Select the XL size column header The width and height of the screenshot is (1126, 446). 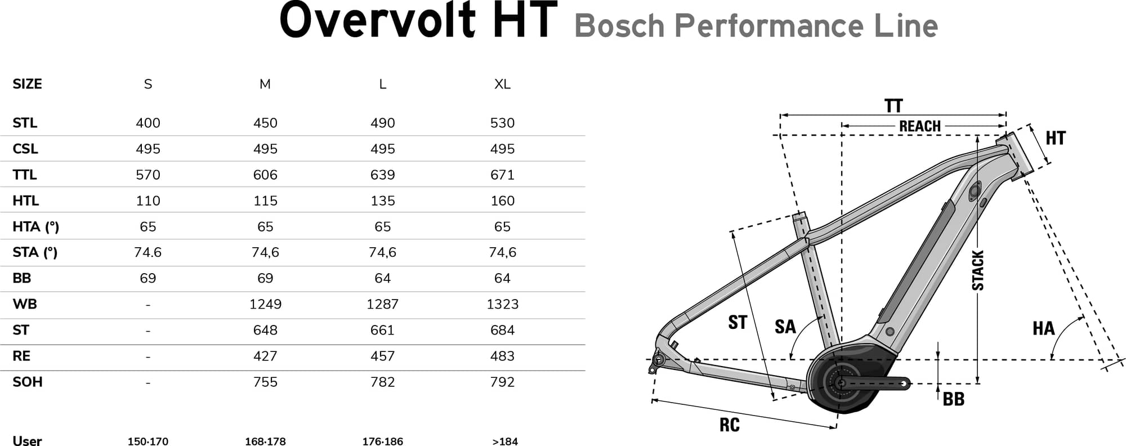tap(502, 84)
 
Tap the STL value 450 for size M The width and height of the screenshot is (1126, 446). tap(265, 123)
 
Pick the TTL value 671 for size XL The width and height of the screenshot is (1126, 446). tap(502, 175)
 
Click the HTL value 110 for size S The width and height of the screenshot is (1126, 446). tap(148, 200)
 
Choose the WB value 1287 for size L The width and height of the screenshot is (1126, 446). tap(382, 304)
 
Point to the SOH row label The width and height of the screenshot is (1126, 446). tap(28, 382)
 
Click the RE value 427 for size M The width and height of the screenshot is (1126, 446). tap(265, 356)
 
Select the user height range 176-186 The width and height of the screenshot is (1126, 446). tap(382, 441)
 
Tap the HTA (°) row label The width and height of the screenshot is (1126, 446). tap(35, 226)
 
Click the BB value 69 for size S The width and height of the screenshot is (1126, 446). tap(148, 278)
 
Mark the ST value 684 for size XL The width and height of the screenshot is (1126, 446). tap(502, 330)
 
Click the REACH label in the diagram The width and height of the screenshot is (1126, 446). tap(919, 126)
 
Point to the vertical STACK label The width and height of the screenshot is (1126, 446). tap(978, 271)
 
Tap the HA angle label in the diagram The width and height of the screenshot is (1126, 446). tap(1043, 328)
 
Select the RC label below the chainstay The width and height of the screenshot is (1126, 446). tap(729, 425)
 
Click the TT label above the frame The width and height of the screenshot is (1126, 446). tap(893, 106)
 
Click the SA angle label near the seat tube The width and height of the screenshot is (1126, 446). tap(785, 327)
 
